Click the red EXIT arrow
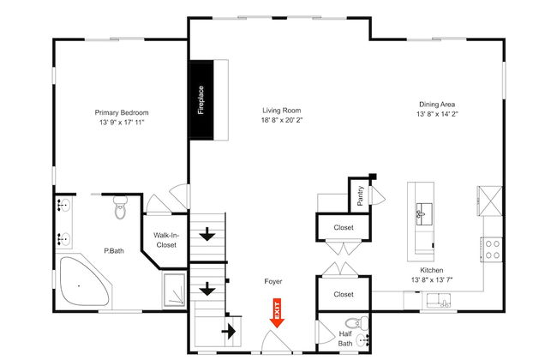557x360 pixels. click(277, 312)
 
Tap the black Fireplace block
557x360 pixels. click(201, 100)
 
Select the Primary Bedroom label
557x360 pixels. click(122, 112)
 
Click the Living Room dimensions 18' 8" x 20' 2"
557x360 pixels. click(282, 120)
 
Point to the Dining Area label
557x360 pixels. click(437, 104)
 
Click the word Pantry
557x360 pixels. click(360, 195)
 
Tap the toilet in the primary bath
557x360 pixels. click(121, 207)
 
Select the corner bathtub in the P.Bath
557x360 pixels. click(84, 281)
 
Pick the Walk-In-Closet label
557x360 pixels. click(166, 240)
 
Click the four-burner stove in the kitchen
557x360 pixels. click(493, 249)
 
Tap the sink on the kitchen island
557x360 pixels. click(424, 214)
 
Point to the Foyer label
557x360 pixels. click(273, 281)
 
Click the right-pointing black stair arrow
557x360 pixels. click(229, 331)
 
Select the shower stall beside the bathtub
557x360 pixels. click(174, 290)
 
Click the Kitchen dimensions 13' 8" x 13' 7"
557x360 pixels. click(432, 280)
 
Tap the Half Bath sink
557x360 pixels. click(362, 340)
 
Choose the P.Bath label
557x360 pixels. click(114, 250)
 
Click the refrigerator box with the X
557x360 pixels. click(490, 201)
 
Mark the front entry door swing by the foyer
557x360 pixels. click(277, 342)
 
